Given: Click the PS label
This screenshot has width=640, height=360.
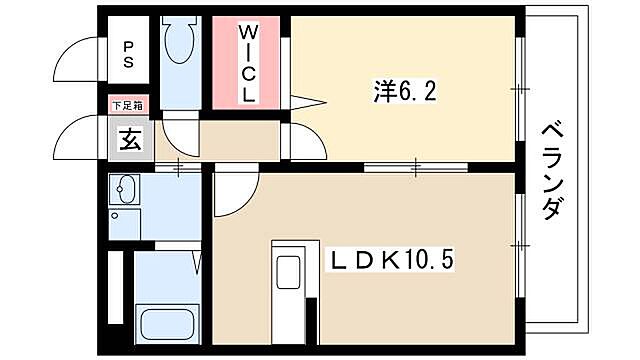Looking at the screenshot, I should click(130, 53).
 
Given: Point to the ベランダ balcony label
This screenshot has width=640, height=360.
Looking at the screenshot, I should click(553, 174).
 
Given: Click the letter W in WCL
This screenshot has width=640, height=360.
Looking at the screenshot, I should click(247, 33).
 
